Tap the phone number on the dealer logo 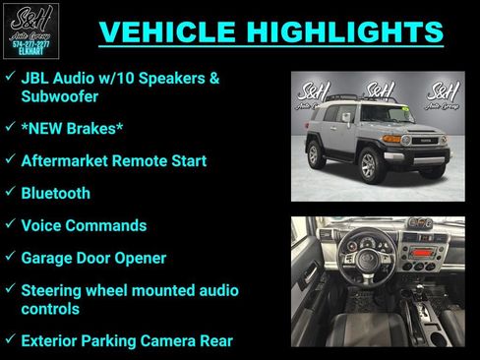[31, 44]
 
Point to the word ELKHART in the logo [31, 52]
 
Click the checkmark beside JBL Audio [9, 77]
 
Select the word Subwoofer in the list [60, 97]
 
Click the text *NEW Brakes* [68, 129]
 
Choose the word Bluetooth [55, 193]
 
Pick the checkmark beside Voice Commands [9, 225]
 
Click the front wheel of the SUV [369, 165]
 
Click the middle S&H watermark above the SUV [379, 90]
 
